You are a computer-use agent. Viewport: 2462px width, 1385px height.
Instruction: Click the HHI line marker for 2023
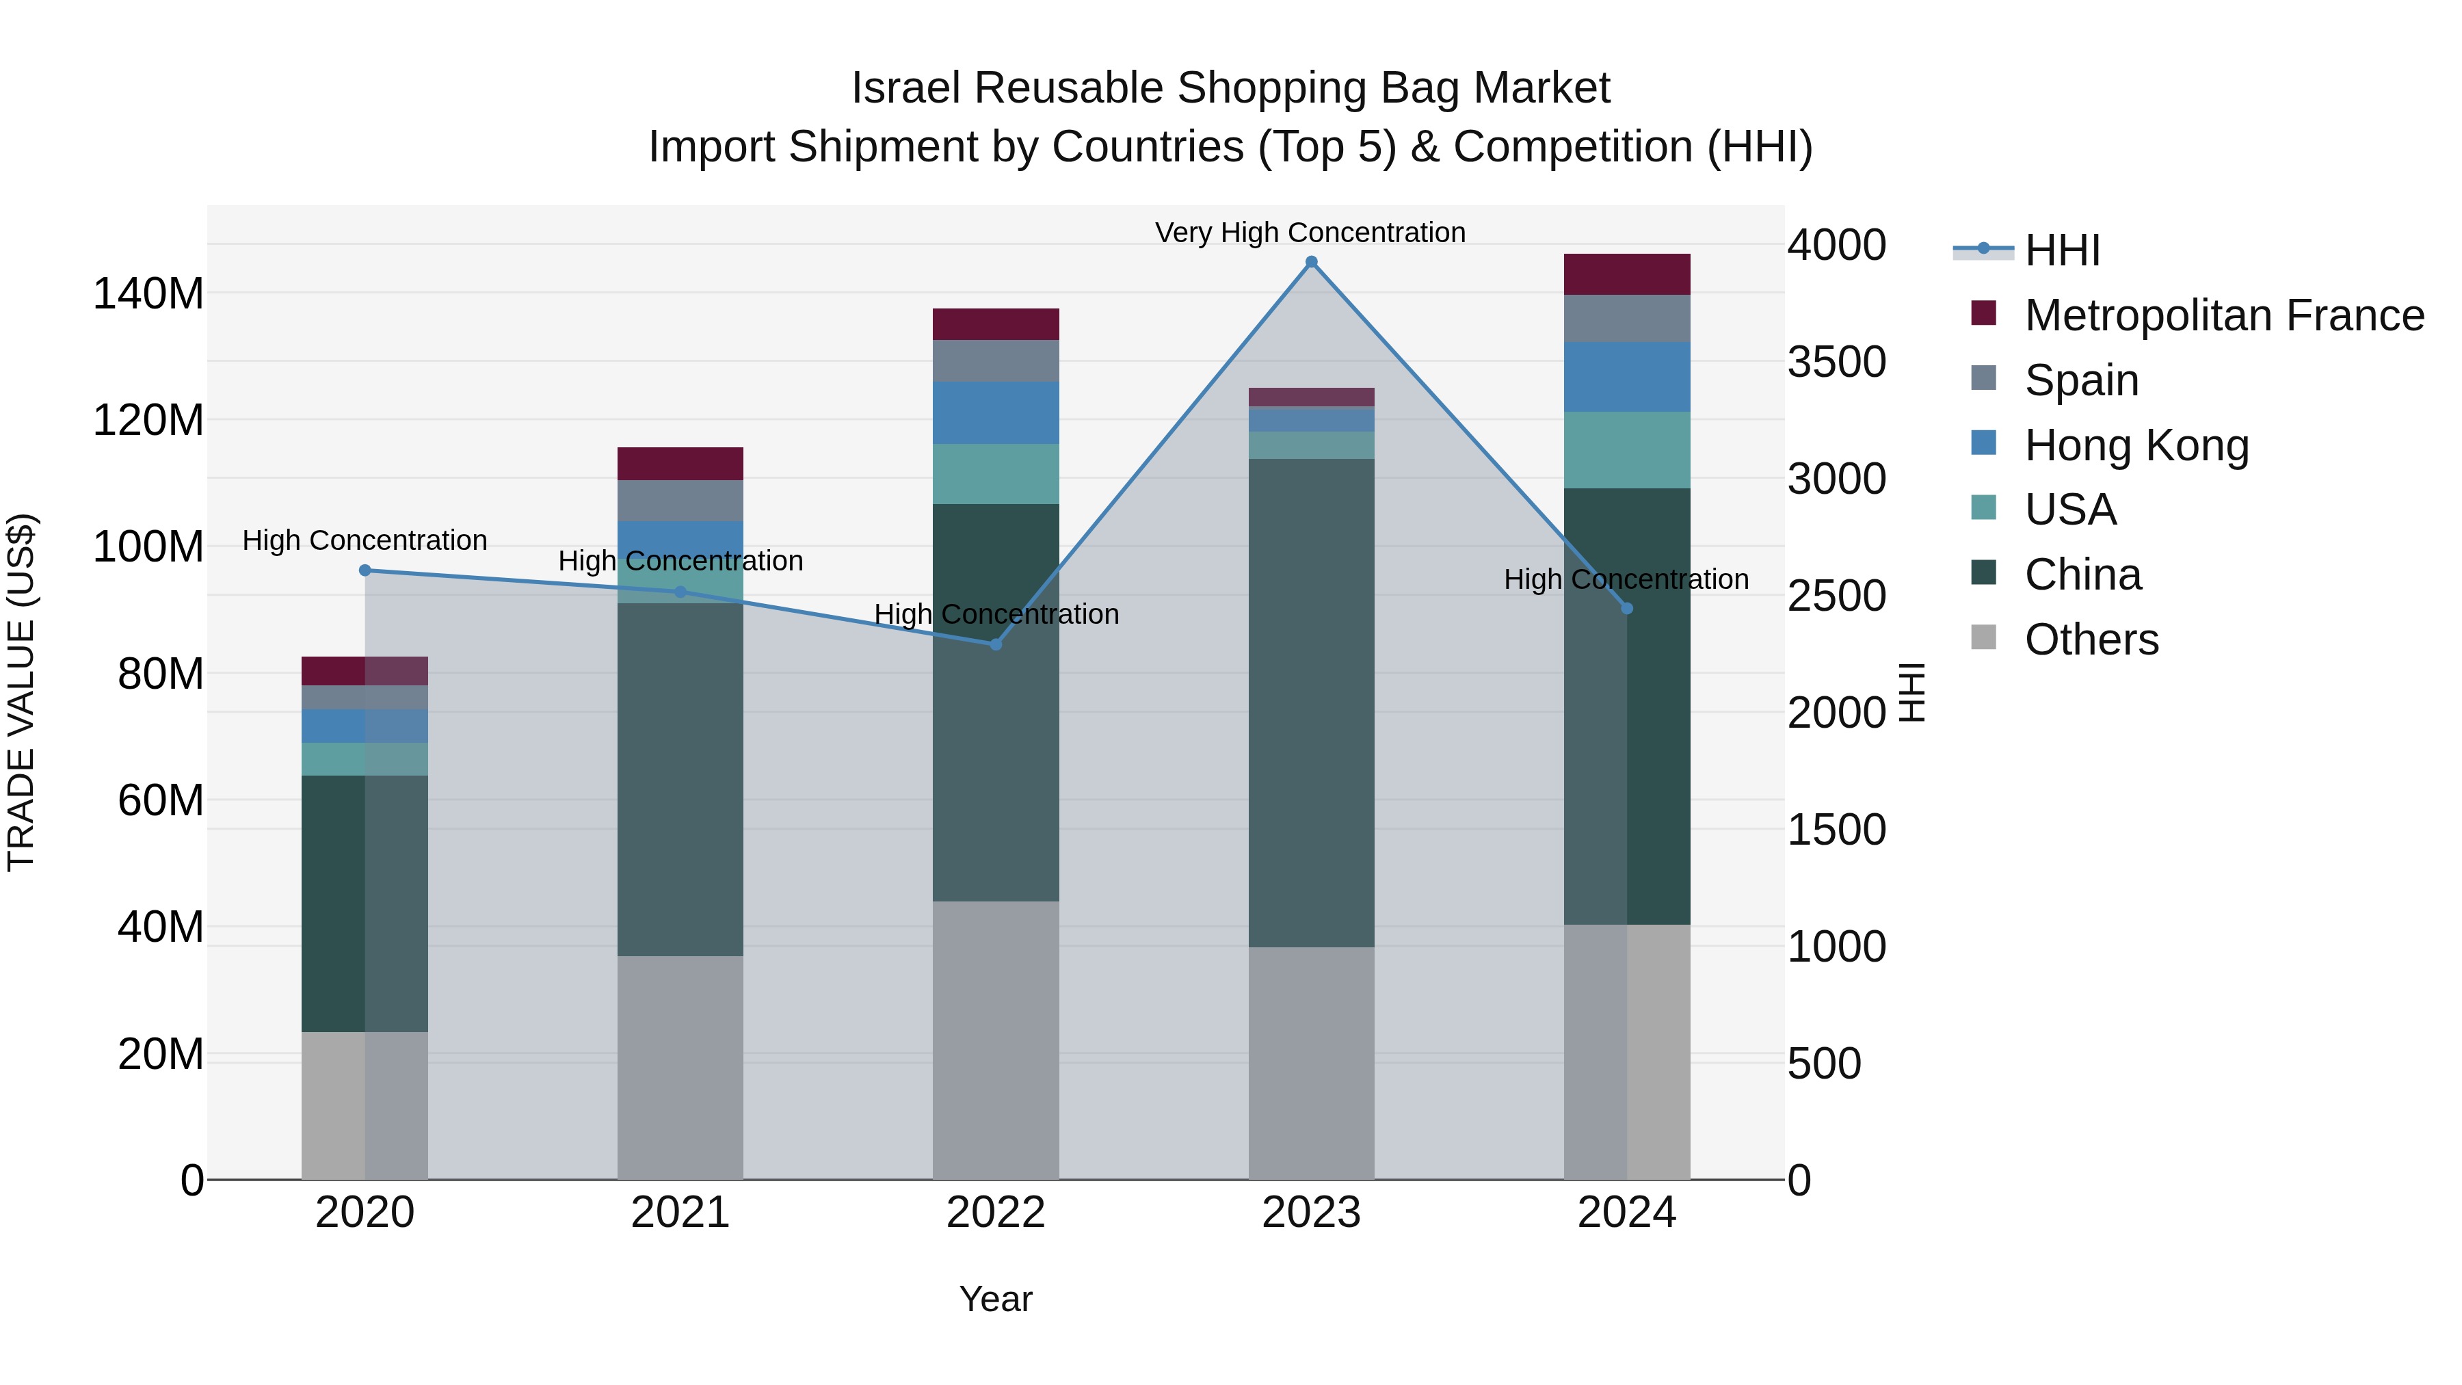point(1311,262)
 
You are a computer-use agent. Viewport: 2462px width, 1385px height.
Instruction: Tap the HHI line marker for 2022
point(996,644)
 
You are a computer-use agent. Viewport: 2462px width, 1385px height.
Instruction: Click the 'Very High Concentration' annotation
point(1310,233)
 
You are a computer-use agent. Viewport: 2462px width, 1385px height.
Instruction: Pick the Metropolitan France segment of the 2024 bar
point(1627,274)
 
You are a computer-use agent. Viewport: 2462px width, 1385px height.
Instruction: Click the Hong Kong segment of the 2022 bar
point(996,413)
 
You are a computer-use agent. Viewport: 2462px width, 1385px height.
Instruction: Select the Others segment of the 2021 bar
point(680,1067)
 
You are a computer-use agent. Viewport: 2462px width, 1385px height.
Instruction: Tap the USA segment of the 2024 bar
point(1627,449)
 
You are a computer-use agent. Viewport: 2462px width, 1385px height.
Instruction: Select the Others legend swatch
point(1983,637)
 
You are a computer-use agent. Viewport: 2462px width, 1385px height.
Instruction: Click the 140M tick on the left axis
point(148,293)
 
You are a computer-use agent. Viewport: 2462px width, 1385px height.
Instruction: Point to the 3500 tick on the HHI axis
point(1836,362)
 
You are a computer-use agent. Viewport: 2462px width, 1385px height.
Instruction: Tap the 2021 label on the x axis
point(680,1213)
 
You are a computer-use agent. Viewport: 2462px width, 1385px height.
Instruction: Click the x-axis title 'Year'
point(995,1299)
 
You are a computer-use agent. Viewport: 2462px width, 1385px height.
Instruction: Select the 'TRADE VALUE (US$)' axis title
point(21,692)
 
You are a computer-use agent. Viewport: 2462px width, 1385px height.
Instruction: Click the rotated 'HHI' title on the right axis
point(1911,692)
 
